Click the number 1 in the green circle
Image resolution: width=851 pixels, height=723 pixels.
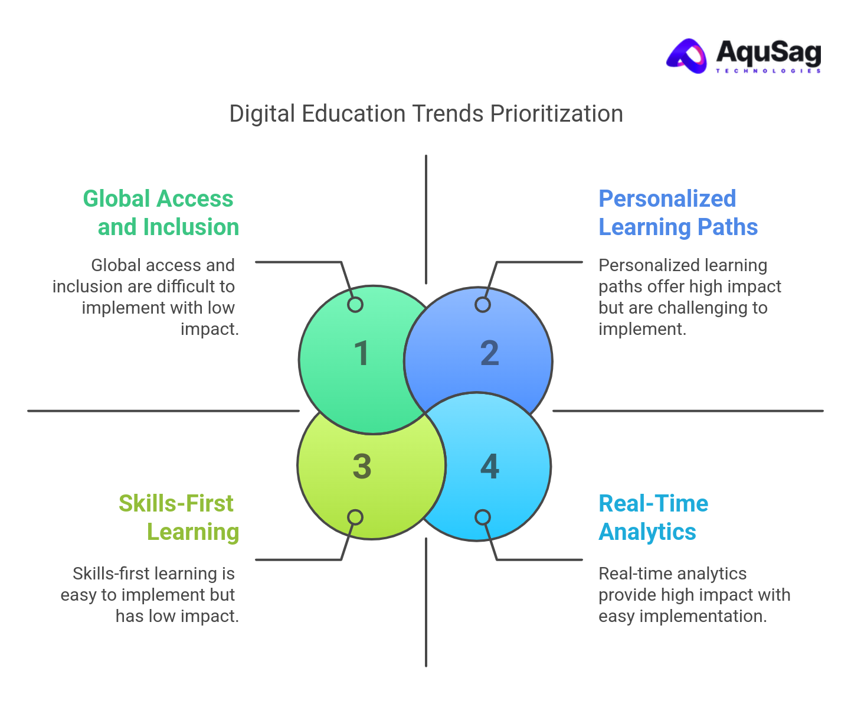[x=362, y=354]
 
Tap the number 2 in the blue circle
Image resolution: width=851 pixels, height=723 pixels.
[x=489, y=354]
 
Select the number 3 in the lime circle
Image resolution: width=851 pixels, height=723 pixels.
[x=362, y=467]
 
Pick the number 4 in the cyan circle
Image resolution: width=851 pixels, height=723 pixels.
[x=489, y=467]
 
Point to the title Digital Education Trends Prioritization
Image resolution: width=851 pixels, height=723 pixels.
[x=426, y=113]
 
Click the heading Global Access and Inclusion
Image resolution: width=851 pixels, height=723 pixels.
[x=161, y=213]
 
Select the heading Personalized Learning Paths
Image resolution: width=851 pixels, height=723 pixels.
[x=677, y=213]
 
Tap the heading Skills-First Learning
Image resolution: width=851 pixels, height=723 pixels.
[x=178, y=517]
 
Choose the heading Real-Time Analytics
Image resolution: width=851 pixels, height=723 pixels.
[x=653, y=517]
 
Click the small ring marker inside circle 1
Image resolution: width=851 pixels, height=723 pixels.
[x=355, y=305]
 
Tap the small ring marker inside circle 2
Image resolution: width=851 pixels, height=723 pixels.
[x=483, y=305]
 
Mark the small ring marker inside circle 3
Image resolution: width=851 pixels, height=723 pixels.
[x=355, y=517]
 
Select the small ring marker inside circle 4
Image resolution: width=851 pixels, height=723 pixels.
[x=483, y=517]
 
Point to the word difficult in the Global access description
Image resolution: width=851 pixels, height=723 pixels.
[x=187, y=286]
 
